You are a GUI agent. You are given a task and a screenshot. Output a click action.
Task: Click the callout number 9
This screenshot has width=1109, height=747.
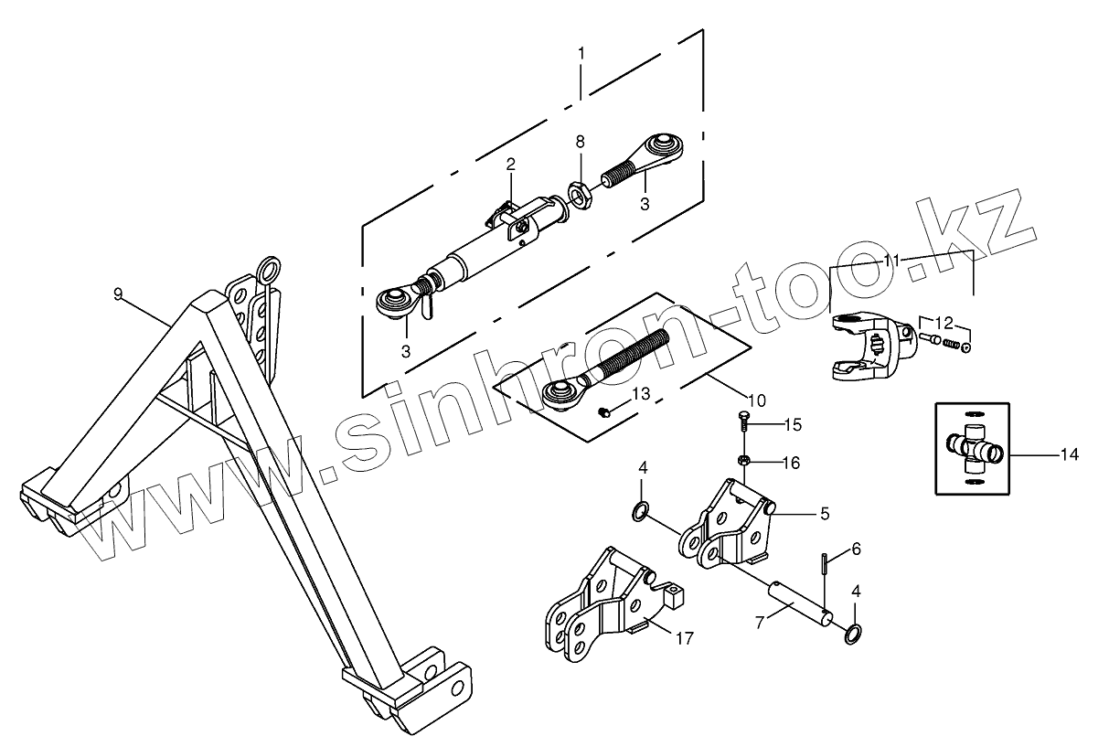[x=118, y=293]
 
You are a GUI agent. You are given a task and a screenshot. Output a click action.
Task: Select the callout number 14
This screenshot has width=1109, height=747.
[x=1070, y=454]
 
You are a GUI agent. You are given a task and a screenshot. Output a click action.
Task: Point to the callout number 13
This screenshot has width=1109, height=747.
[x=640, y=393]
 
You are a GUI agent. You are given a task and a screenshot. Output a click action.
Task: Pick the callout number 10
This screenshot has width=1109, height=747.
[x=757, y=400]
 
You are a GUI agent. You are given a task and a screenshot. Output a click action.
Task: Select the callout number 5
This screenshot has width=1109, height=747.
[x=825, y=514]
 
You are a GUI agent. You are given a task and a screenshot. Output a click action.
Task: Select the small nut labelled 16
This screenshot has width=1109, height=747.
[x=743, y=460]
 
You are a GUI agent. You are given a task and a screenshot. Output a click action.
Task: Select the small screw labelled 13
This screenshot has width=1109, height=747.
[x=604, y=412]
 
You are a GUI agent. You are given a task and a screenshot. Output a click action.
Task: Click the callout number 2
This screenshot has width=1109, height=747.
[x=511, y=165]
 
